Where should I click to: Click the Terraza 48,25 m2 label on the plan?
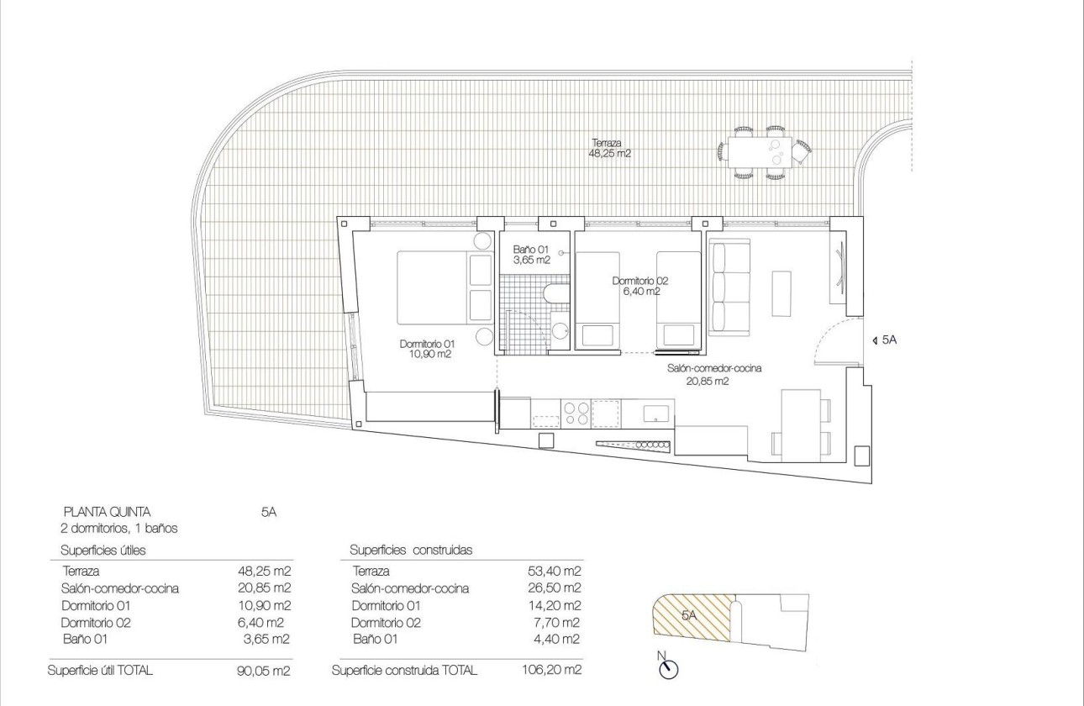pos(611,149)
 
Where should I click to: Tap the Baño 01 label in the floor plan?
pos(531,255)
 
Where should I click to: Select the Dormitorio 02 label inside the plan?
pos(640,286)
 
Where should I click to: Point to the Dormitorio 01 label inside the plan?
pos(426,349)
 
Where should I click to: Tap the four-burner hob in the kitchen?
pos(576,412)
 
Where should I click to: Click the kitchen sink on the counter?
pos(655,413)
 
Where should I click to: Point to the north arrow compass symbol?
pos(669,667)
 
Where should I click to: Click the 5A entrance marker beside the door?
pos(886,340)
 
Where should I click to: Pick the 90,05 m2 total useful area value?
pos(264,671)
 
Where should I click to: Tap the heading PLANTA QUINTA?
pos(107,511)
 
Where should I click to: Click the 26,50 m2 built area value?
pos(555,588)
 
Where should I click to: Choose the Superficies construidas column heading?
pos(411,551)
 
